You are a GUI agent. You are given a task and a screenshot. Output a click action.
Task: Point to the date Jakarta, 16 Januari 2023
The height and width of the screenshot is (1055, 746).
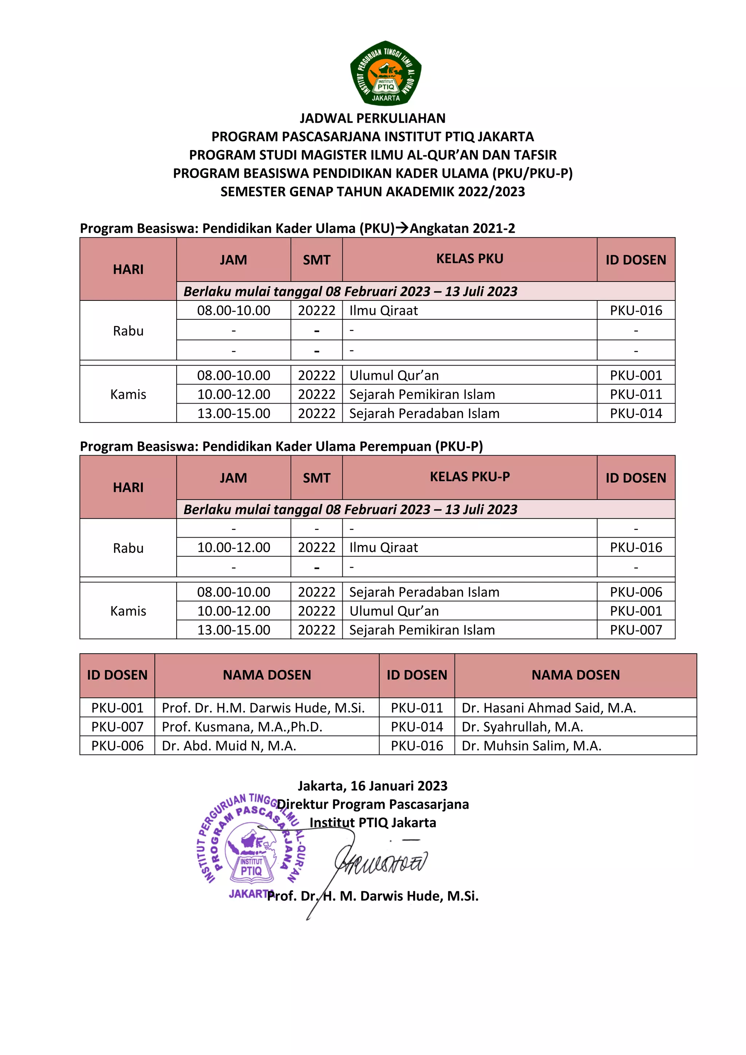pos(372,786)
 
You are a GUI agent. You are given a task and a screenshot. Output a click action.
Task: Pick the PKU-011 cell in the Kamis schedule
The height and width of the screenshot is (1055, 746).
pos(636,394)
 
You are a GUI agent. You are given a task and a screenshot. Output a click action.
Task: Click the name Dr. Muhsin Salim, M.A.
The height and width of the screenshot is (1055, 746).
pos(531,746)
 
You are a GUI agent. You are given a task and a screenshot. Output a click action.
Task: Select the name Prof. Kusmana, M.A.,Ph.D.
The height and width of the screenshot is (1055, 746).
pos(242,727)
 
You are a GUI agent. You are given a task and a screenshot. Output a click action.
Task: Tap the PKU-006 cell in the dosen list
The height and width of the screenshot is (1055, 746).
pos(117,746)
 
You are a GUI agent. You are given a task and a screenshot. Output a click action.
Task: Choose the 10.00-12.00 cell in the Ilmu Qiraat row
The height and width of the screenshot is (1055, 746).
pos(233,547)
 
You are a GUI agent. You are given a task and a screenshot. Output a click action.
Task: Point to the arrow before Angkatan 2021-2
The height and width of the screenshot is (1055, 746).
pos(402,228)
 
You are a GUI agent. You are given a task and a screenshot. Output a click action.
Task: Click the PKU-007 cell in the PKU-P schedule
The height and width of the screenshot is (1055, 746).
pos(636,630)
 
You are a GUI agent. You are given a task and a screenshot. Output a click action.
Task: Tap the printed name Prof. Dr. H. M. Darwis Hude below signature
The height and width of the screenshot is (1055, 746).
pos(372,896)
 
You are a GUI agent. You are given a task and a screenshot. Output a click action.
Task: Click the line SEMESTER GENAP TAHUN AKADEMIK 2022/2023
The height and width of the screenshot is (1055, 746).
pos(372,192)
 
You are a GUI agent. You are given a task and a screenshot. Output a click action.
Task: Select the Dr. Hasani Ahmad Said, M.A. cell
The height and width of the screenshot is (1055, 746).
pos(549,708)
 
